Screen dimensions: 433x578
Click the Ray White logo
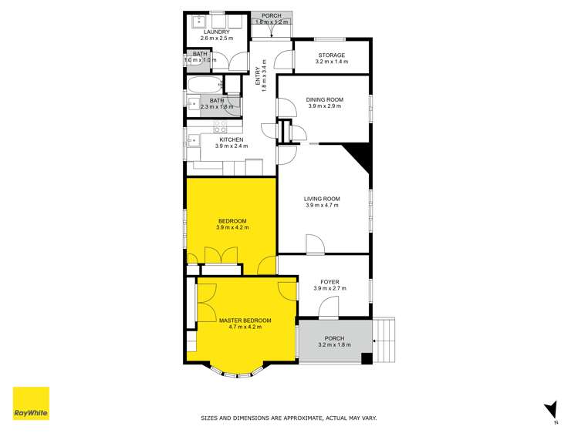point(31,404)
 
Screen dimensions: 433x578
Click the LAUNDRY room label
point(217,32)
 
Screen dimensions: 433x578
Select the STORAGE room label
point(331,55)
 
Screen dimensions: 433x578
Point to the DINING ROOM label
point(323,99)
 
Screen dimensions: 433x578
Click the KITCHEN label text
point(230,139)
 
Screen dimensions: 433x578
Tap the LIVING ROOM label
point(323,199)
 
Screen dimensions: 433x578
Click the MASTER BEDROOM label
point(245,321)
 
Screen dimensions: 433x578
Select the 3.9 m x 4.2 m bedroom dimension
point(232,228)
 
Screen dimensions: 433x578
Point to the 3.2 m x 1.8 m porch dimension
point(334,345)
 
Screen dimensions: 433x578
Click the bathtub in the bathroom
point(204,85)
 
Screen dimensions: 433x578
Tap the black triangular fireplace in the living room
point(360,156)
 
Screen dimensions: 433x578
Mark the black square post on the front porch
point(367,358)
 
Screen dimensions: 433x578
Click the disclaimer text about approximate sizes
point(289,418)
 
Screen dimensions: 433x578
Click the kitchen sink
point(191,140)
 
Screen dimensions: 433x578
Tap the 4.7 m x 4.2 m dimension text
point(245,327)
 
